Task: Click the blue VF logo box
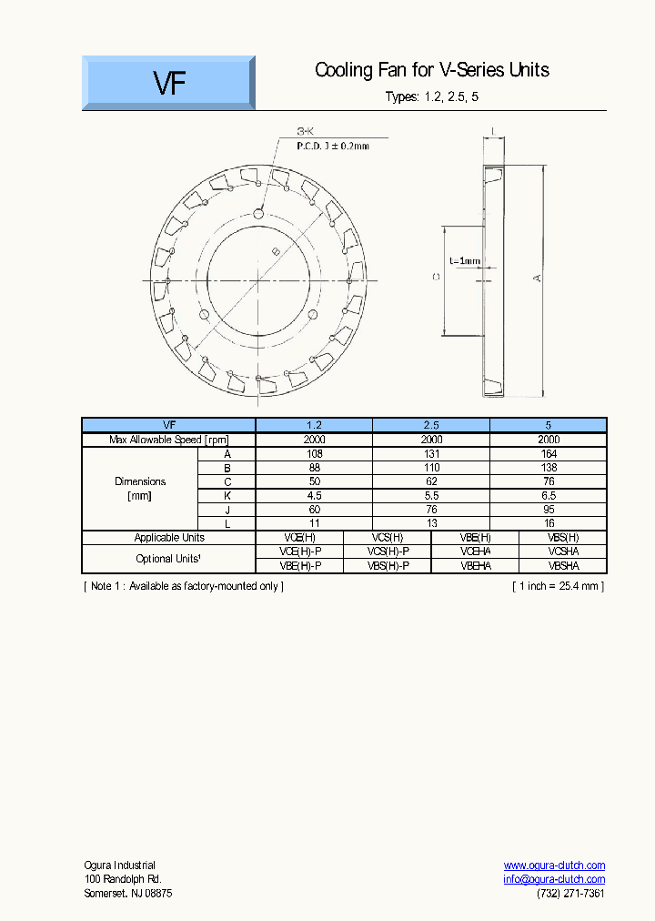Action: pyautogui.click(x=168, y=83)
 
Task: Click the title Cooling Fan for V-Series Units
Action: pyautogui.click(x=431, y=70)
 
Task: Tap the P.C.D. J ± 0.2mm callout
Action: pyautogui.click(x=332, y=146)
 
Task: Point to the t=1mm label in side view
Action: pyautogui.click(x=464, y=261)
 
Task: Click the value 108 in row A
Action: pyautogui.click(x=314, y=453)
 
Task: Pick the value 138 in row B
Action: pyautogui.click(x=548, y=467)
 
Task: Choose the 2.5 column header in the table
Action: pyautogui.click(x=431, y=425)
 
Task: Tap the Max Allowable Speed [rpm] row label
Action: pyautogui.click(x=169, y=440)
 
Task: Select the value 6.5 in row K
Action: pyautogui.click(x=548, y=495)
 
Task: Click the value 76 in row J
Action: pyautogui.click(x=431, y=509)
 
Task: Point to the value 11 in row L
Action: pyautogui.click(x=314, y=523)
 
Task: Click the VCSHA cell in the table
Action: pyautogui.click(x=563, y=552)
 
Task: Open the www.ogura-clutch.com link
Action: pyautogui.click(x=554, y=865)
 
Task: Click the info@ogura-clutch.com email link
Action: pyautogui.click(x=554, y=879)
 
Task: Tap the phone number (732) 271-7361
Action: pyautogui.click(x=570, y=894)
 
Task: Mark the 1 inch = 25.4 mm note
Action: pyautogui.click(x=558, y=586)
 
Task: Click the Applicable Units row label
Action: pyautogui.click(x=169, y=538)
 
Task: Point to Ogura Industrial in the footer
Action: pyautogui.click(x=119, y=865)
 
